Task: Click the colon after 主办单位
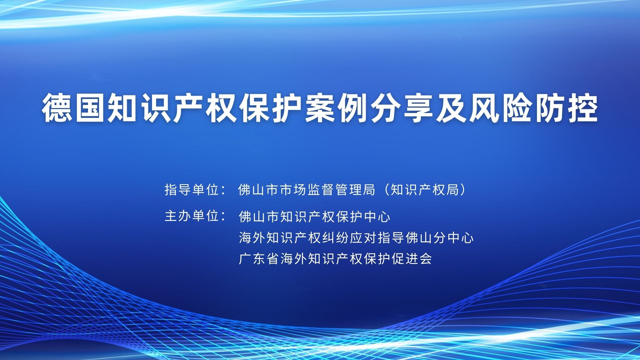pos(224,217)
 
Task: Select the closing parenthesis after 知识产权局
pos(462,190)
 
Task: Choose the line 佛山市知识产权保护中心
pos(315,217)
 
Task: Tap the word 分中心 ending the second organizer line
pos(453,238)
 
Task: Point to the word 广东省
pos(259,259)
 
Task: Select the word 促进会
pos(412,259)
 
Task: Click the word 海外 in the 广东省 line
pos(294,259)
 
